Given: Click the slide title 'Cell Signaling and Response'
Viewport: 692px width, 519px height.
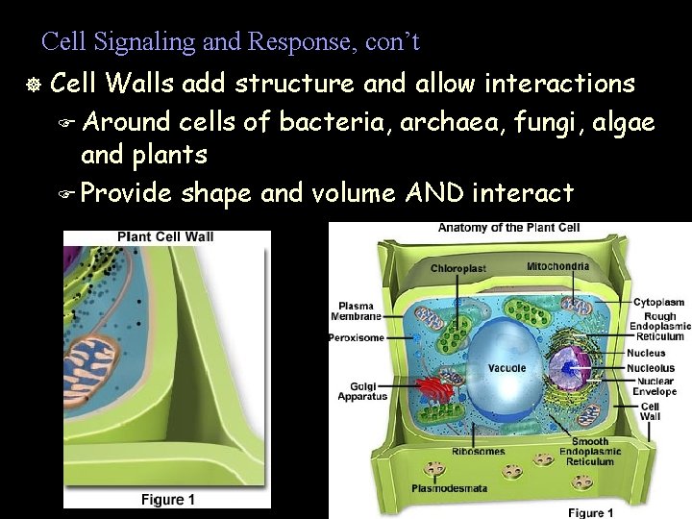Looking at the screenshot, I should pos(231,42).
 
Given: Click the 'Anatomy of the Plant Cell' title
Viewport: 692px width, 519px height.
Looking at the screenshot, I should pos(509,228).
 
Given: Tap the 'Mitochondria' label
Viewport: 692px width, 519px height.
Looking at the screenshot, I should pos(557,265).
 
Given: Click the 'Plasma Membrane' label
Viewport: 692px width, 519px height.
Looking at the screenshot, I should pos(355,309).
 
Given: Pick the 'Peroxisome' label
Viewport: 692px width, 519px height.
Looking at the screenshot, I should pos(356,337).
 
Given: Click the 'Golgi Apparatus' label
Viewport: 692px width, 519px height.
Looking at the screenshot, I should pos(362,391).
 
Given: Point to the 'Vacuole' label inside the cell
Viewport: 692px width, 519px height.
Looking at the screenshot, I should pos(507,368).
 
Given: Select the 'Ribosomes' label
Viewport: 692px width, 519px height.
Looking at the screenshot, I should pos(479,451).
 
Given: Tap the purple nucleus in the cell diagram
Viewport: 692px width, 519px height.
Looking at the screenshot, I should pos(573,368).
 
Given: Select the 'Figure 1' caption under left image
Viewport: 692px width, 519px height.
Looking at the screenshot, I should pos(167,500).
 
